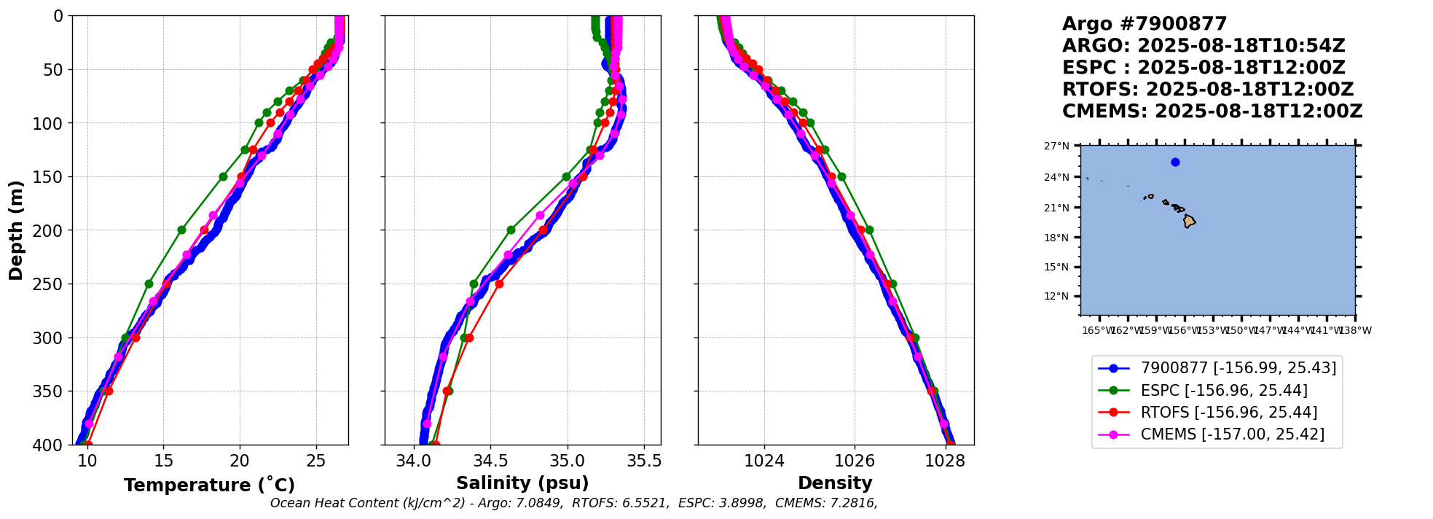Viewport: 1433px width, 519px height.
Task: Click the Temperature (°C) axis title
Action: click(209, 485)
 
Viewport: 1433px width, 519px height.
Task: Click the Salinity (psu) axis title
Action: click(522, 483)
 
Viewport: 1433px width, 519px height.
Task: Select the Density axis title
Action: click(835, 483)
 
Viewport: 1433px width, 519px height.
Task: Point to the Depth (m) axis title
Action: click(16, 230)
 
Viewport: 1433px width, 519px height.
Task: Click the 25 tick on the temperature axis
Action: click(315, 461)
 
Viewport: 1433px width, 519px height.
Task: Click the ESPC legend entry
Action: click(1223, 391)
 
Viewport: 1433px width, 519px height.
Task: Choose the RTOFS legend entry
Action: click(1228, 413)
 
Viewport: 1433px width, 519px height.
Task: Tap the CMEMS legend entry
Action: click(1232, 434)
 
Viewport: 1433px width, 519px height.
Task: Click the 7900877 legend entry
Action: click(1238, 368)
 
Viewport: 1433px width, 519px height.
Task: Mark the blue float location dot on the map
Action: click(1175, 163)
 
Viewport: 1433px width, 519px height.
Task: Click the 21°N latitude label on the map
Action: click(1056, 208)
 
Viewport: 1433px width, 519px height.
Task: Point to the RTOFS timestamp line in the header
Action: click(1207, 90)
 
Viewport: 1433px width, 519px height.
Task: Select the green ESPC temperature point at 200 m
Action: click(181, 230)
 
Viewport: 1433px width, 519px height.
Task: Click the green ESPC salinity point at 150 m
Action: click(566, 176)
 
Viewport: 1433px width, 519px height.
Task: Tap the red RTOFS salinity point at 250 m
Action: click(499, 284)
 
